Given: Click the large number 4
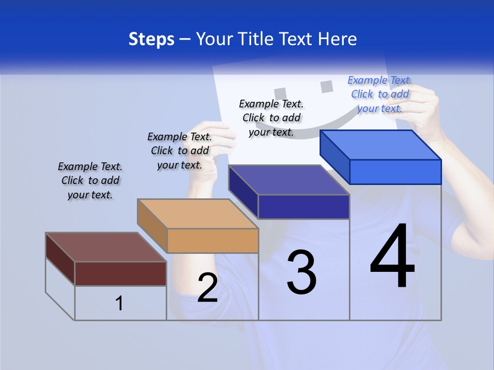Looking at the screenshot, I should click(392, 258).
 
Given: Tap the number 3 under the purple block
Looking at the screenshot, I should click(302, 272).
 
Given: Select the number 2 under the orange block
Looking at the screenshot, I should click(208, 288).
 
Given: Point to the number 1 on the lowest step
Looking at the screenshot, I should click(119, 303).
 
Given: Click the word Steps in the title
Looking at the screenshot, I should click(151, 39).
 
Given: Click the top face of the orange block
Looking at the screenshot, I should click(198, 214).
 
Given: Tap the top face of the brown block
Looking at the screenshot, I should click(106, 247).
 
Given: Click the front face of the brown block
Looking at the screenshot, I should click(120, 273).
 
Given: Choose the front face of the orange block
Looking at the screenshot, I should click(213, 240).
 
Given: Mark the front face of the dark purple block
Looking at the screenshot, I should click(304, 207).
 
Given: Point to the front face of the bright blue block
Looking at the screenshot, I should click(395, 172).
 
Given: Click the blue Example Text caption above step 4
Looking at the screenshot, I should click(380, 94).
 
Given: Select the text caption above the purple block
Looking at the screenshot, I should click(271, 118).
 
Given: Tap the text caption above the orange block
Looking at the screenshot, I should click(180, 151).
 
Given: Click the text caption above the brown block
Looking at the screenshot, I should click(90, 180).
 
